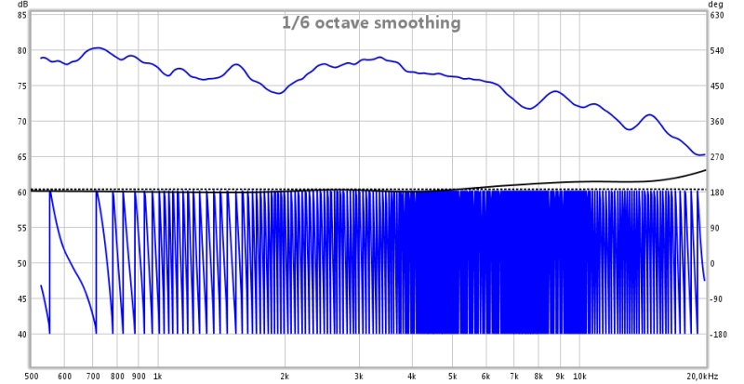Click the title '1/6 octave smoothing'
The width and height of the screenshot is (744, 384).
(x=371, y=23)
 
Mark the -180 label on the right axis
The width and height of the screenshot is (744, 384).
(x=719, y=334)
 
